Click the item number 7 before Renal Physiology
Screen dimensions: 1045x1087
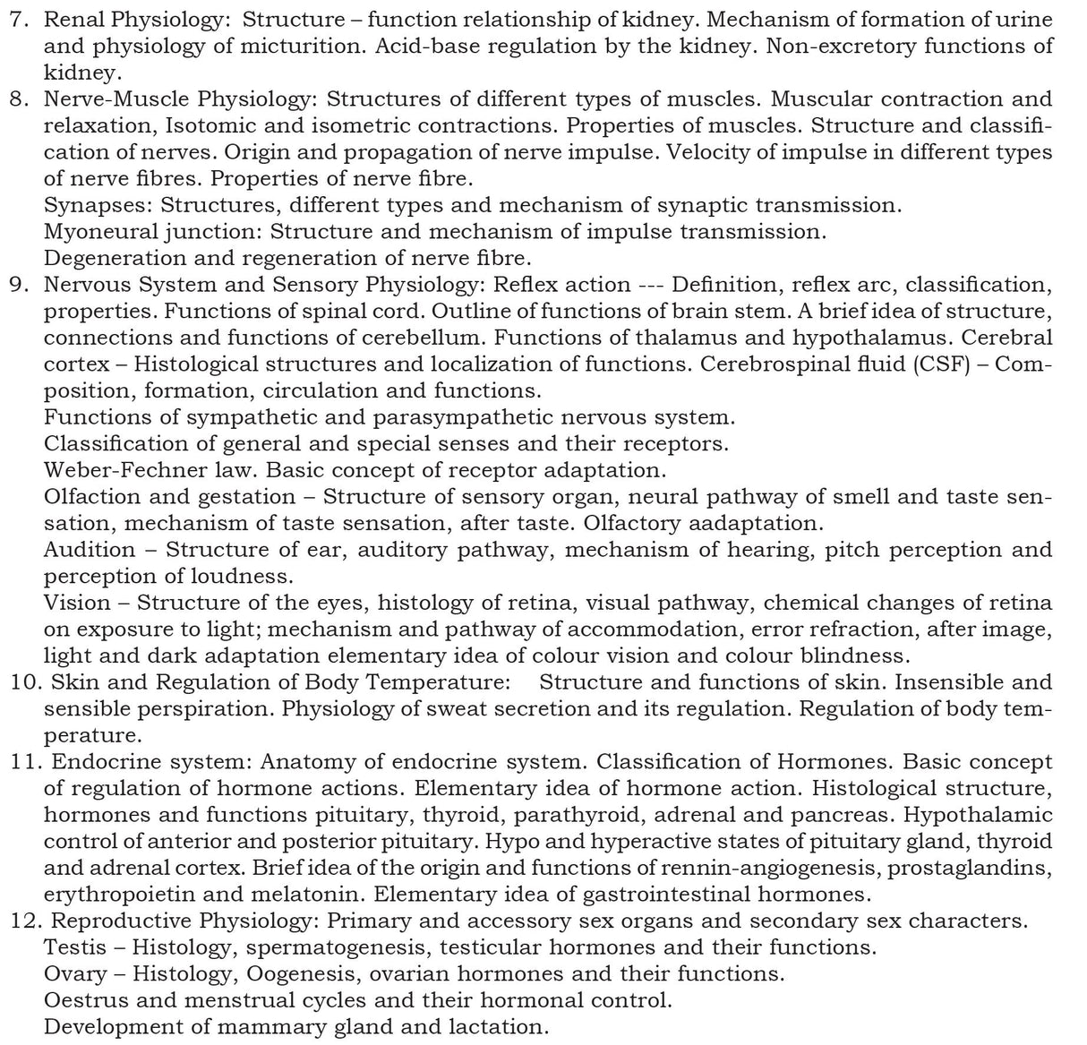click(15, 19)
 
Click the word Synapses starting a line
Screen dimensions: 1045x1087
click(98, 205)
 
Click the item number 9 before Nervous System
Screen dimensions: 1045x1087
click(15, 285)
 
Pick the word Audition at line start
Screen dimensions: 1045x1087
click(90, 550)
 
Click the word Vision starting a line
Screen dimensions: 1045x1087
click(78, 603)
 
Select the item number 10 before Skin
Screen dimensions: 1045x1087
click(23, 682)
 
